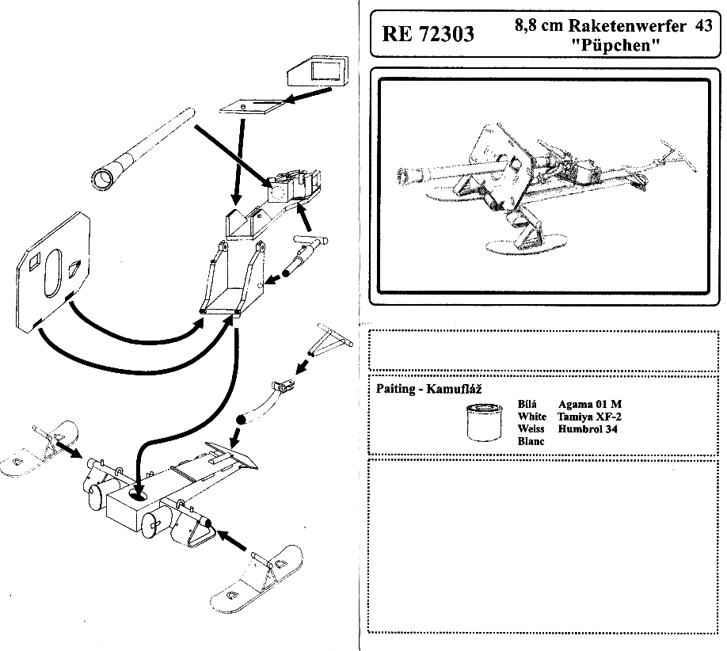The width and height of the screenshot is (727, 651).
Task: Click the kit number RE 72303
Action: click(x=428, y=34)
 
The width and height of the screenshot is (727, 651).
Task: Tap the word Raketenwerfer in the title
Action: click(x=607, y=25)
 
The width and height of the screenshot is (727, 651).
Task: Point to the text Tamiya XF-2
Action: click(x=589, y=417)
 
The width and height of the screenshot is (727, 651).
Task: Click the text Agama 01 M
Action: click(x=590, y=404)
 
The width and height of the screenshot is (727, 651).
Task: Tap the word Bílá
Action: click(x=527, y=404)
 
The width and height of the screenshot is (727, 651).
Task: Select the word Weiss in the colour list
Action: click(x=531, y=429)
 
